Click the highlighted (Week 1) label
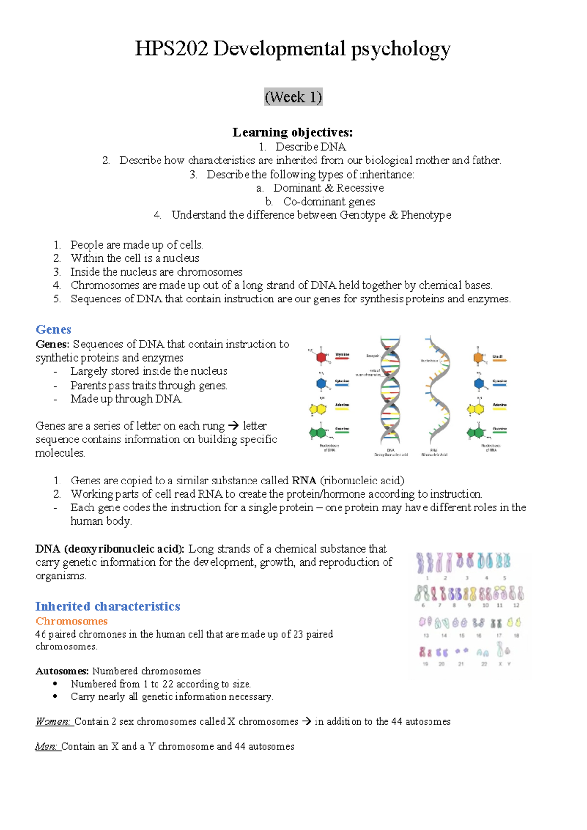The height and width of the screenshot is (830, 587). [293, 97]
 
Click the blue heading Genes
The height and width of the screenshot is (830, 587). [53, 329]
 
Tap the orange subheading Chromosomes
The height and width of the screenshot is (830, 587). [71, 621]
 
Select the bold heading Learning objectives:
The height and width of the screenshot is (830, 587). [293, 132]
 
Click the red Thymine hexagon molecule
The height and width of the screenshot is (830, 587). [321, 357]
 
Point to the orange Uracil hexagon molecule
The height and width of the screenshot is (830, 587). [478, 358]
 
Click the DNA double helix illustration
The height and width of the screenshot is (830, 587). [390, 392]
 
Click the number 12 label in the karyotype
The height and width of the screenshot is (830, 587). [516, 605]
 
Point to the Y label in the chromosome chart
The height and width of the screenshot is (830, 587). [509, 664]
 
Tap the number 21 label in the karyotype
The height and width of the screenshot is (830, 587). [461, 664]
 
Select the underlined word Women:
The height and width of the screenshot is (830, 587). [53, 722]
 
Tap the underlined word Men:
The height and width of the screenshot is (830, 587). [47, 747]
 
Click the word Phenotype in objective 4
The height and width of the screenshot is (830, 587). [426, 215]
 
